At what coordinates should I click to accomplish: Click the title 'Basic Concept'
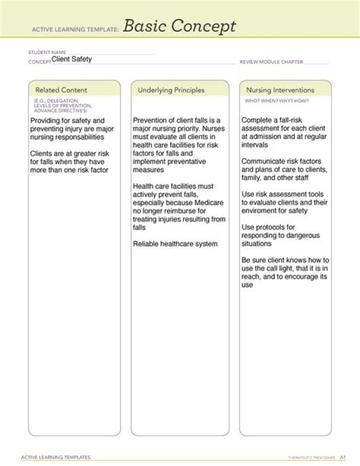pyautogui.click(x=179, y=26)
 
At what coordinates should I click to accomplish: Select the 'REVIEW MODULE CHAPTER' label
pyautogui.click(x=271, y=62)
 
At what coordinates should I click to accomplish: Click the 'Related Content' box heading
pyautogui.click(x=61, y=90)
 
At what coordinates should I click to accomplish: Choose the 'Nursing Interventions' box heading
pyautogui.click(x=280, y=90)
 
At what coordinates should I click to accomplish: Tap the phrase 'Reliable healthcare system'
pyautogui.click(x=175, y=244)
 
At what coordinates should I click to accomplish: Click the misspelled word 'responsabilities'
pyautogui.click(x=79, y=137)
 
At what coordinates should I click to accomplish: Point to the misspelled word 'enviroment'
pyautogui.click(x=260, y=211)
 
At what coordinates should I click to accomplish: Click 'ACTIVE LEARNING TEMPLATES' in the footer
pyautogui.click(x=55, y=457)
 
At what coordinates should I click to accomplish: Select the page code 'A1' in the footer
pyautogui.click(x=342, y=457)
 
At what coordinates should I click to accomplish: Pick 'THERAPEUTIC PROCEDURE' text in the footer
pyautogui.click(x=311, y=457)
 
